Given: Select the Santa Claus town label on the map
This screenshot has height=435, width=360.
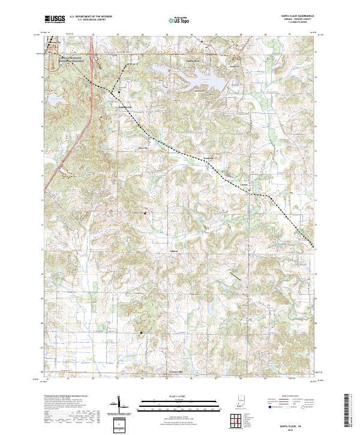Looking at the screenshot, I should click(x=193, y=61).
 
